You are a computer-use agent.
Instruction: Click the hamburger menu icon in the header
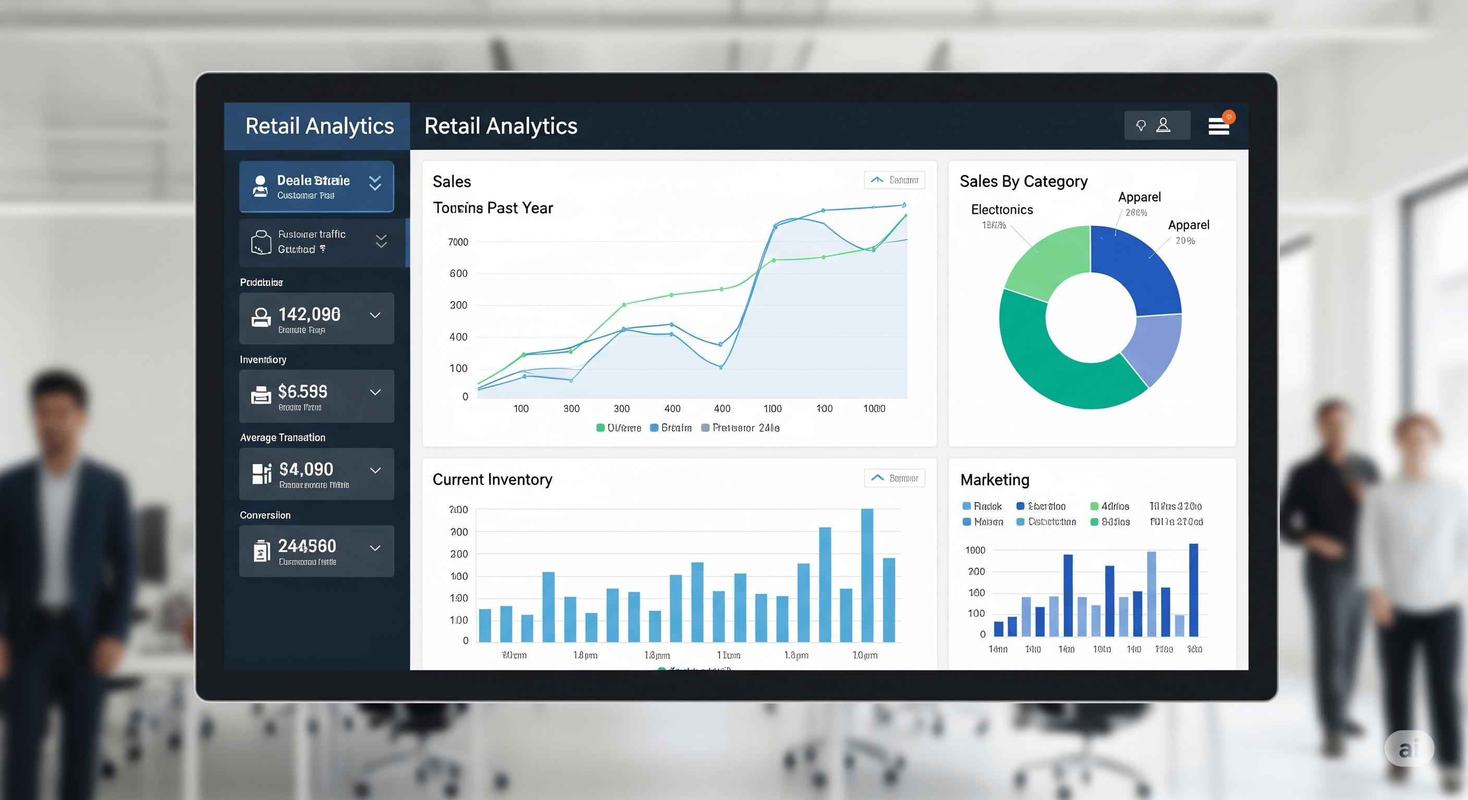point(1218,127)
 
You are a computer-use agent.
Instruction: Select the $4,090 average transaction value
point(306,469)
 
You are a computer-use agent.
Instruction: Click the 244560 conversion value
point(307,546)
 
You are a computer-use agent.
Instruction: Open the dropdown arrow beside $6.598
point(375,392)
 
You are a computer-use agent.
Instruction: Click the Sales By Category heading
point(1023,181)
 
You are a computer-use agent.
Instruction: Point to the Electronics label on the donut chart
point(1001,209)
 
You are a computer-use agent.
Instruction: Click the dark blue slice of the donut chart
point(1134,268)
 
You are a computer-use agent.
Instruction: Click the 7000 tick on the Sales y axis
point(458,242)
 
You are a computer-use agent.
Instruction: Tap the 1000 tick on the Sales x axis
point(874,408)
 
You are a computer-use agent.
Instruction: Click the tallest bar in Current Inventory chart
point(867,575)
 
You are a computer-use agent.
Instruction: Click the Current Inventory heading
point(492,480)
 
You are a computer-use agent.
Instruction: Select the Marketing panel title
point(995,480)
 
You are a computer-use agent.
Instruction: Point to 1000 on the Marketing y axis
point(974,550)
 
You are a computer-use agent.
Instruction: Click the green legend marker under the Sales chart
point(600,428)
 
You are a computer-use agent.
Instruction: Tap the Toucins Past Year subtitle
point(492,208)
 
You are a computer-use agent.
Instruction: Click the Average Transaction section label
point(282,438)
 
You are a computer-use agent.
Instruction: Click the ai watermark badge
point(1408,748)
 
